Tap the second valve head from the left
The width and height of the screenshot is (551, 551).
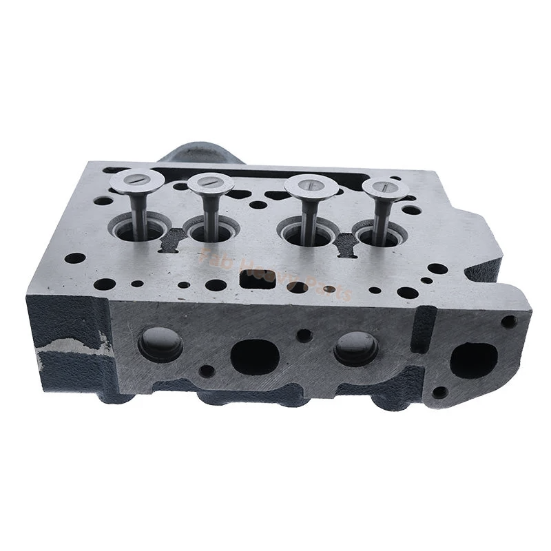(x=211, y=183)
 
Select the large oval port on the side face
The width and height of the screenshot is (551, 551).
(x=254, y=356)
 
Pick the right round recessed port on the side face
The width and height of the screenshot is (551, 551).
(x=355, y=349)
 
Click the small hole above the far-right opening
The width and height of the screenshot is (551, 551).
(x=508, y=321)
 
